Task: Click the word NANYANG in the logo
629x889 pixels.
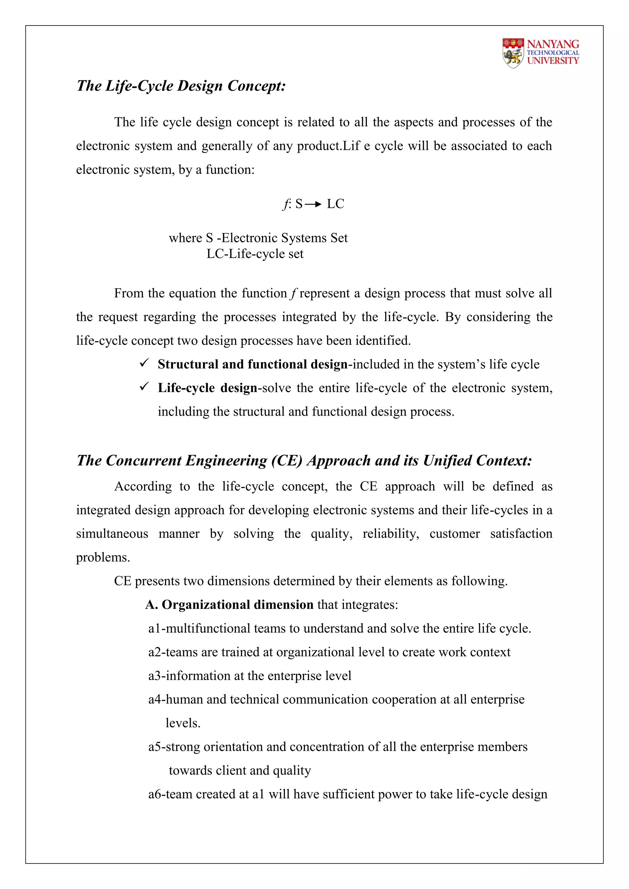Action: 553,44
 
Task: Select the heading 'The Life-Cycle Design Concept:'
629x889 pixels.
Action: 181,86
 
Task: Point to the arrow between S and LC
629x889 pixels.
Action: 313,204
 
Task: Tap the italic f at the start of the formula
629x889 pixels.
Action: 285,204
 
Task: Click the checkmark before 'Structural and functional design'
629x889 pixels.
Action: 144,363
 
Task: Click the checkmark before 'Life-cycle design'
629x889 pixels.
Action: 144,387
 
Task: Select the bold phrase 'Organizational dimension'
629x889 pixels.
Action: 237,604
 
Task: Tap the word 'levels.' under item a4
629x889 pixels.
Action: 183,723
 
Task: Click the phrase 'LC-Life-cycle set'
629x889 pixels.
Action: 255,254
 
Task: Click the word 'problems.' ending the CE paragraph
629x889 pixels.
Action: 103,557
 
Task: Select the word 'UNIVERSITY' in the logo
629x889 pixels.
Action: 553,60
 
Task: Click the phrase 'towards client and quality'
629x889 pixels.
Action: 240,770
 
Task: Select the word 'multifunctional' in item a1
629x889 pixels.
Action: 208,628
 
